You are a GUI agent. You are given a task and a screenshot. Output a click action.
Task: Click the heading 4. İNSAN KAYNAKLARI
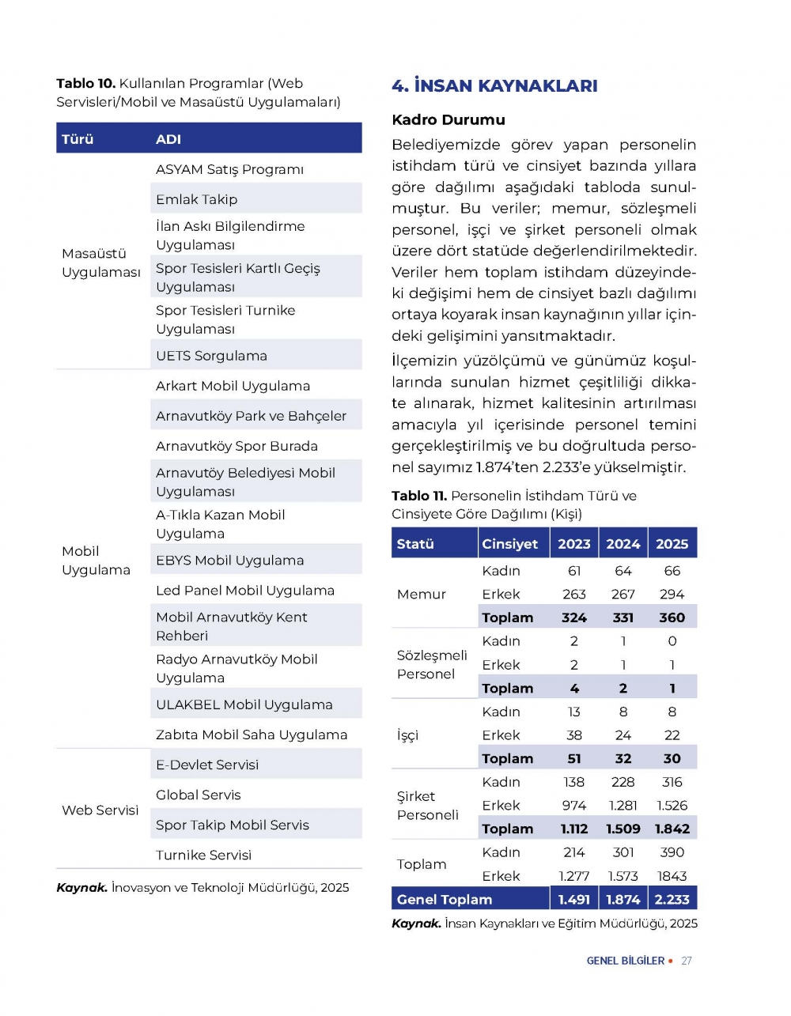tap(494, 85)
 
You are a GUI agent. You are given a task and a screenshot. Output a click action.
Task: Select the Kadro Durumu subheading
tap(448, 120)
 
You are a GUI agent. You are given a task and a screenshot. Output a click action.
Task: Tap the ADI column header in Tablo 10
tap(168, 139)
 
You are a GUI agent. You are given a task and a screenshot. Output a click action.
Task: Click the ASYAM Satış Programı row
tap(229, 169)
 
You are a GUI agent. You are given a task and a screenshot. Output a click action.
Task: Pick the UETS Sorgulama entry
tap(211, 356)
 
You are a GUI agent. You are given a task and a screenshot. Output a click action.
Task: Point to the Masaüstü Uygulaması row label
tap(100, 262)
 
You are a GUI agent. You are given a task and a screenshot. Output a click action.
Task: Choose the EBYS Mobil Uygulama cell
tap(229, 561)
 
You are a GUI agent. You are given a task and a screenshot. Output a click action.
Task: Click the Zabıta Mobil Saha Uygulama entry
tap(251, 735)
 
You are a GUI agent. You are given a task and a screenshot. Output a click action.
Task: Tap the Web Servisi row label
tap(100, 810)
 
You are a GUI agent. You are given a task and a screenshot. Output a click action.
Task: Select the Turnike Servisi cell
tap(203, 855)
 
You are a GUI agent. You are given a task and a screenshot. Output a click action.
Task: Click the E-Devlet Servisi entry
tap(206, 765)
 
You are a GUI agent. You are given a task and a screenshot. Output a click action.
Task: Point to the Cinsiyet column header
tap(509, 544)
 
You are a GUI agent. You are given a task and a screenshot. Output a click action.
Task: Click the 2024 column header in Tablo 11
tap(623, 544)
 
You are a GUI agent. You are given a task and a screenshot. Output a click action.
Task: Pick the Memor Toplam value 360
tap(672, 618)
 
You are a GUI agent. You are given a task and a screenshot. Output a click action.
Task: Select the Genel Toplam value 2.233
tap(672, 899)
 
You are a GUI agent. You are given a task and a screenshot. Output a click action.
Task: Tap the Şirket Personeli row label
tap(427, 806)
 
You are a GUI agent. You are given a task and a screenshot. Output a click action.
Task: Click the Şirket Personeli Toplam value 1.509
tap(623, 829)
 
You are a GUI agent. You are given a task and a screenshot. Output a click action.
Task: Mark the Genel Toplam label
tap(444, 899)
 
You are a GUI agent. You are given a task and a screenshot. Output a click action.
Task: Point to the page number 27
tap(687, 961)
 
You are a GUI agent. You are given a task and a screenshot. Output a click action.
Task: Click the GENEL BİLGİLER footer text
tap(625, 961)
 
